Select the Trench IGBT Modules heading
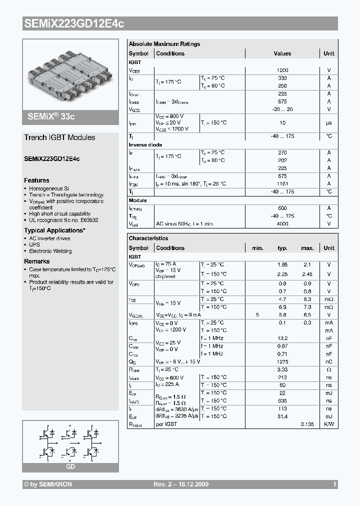click(x=59, y=137)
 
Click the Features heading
click(x=36, y=180)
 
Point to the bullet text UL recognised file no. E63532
click(x=63, y=219)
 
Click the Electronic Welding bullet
click(x=50, y=251)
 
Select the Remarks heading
click(x=36, y=261)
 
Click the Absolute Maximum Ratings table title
click(x=164, y=44)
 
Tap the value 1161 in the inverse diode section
click(x=282, y=184)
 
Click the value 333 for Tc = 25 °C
click(x=282, y=78)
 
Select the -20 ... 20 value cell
click(x=282, y=109)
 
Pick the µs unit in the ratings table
click(x=329, y=122)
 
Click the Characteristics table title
click(x=148, y=238)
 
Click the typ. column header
click(x=282, y=248)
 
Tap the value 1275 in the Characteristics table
click(x=282, y=361)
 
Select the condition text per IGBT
click(x=166, y=424)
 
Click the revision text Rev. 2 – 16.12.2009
click(x=180, y=484)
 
